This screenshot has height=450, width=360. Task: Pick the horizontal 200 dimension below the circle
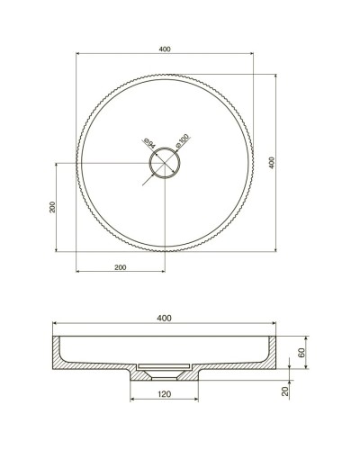coord(119,267)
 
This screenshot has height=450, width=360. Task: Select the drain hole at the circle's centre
coord(165,163)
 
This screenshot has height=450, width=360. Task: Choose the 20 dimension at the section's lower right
coord(287,390)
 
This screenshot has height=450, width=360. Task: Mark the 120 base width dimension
coord(164,395)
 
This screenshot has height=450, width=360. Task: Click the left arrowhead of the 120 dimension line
coord(132,401)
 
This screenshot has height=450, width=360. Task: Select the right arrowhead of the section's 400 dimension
coord(276,325)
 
